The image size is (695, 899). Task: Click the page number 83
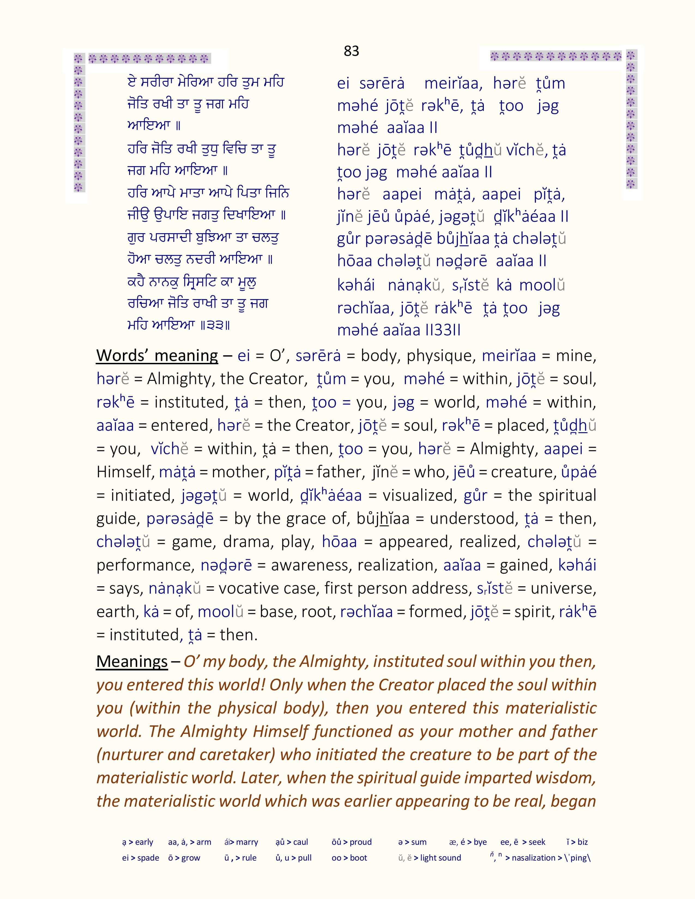pyautogui.click(x=351, y=51)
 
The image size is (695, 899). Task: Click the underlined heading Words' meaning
pyautogui.click(x=157, y=356)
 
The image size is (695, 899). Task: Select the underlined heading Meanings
pyautogui.click(x=132, y=661)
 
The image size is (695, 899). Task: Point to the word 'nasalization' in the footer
pyautogui.click(x=534, y=858)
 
